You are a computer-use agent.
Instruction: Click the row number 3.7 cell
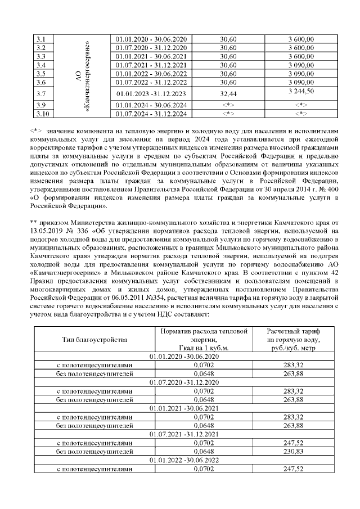point(41,93)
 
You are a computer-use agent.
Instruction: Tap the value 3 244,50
point(300,91)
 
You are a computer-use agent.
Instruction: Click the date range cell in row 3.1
point(150,39)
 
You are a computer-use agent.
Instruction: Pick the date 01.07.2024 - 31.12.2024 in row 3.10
point(150,114)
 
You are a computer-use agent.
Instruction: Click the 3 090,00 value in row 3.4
point(300,65)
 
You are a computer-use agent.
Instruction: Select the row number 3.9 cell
point(41,105)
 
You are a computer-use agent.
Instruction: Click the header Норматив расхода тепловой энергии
point(204,340)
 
